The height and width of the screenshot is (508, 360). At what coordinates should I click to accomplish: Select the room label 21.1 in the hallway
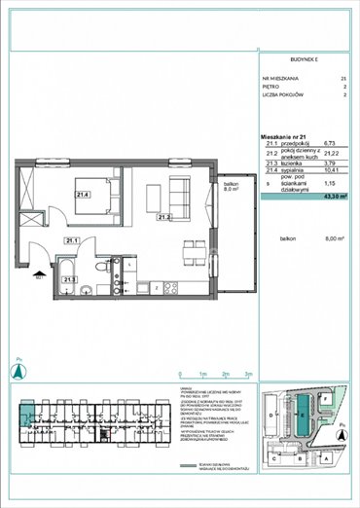point(71,240)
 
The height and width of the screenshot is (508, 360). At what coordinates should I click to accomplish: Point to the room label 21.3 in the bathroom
point(68,279)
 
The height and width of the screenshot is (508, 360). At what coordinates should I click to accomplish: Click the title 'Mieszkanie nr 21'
point(283,134)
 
